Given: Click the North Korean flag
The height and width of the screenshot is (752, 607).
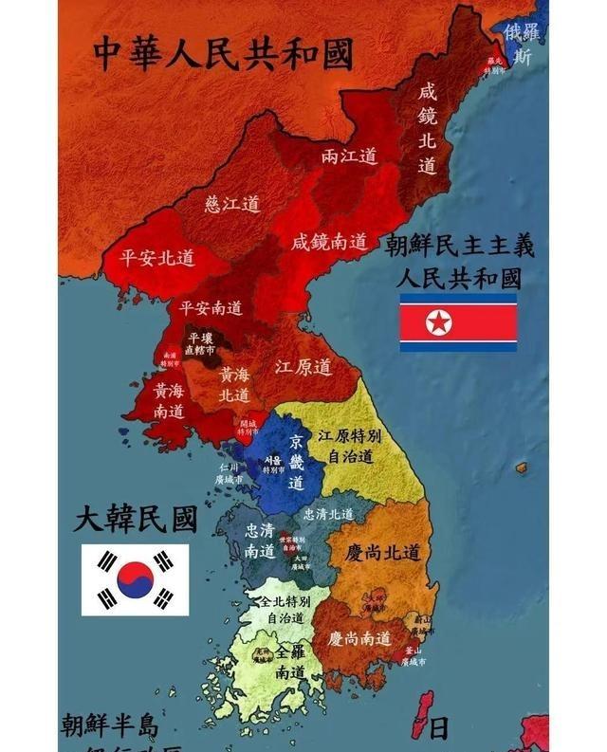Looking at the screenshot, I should [x=458, y=322].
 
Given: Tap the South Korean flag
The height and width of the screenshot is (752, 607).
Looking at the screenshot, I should [x=135, y=578].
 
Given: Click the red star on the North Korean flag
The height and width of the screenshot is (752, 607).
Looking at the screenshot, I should [x=439, y=323].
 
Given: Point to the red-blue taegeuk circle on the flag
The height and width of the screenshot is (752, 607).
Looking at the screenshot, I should [x=135, y=578].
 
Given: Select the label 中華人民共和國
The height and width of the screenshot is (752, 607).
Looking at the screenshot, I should [x=223, y=53].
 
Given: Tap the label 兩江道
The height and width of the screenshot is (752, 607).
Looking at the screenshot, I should [x=349, y=155].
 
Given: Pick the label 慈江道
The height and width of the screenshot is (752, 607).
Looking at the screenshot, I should [x=231, y=204].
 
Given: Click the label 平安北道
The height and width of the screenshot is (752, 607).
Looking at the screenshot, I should [x=157, y=257].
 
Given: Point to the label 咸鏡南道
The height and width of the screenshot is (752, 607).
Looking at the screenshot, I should [x=329, y=242].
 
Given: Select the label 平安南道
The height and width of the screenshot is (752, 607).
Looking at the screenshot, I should [x=211, y=307].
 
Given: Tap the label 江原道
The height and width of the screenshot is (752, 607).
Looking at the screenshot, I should [x=303, y=365].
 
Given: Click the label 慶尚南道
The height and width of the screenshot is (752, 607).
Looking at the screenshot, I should [x=360, y=638].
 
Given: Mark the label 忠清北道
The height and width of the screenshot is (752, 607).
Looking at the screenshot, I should [x=327, y=513].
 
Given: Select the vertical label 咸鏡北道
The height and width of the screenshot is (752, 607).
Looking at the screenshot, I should [x=428, y=128].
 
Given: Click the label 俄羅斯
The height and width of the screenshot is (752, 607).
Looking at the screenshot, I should [x=523, y=44].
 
